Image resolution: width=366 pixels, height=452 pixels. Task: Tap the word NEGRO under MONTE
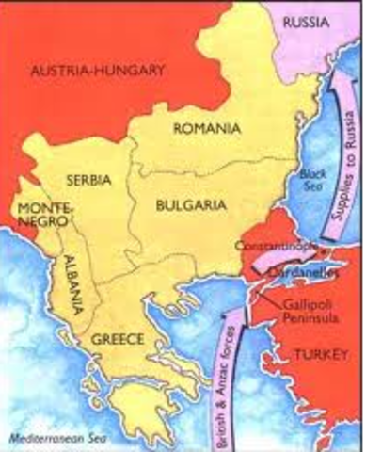tap(34, 219)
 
